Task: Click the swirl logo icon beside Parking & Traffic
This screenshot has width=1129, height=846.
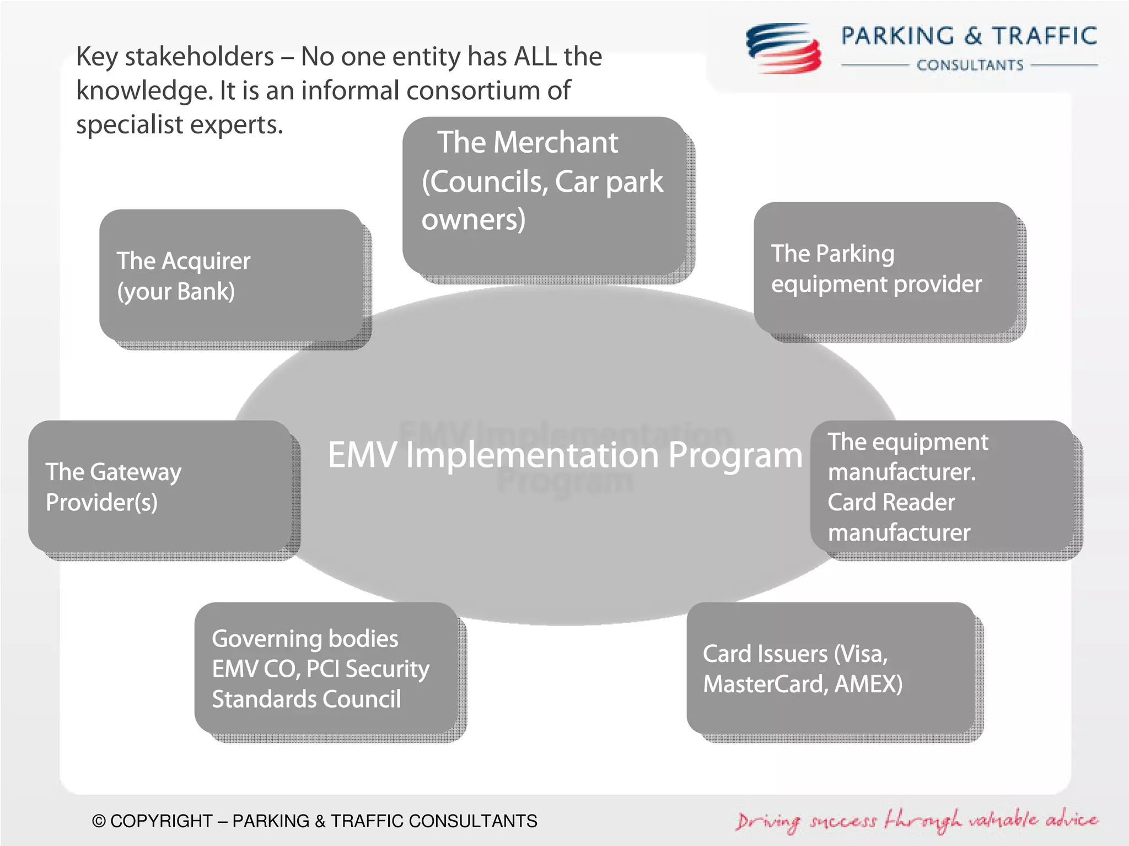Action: pyautogui.click(x=783, y=49)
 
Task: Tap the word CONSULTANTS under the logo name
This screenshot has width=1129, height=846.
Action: pyautogui.click(x=970, y=65)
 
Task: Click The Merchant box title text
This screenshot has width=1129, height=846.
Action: pyautogui.click(x=528, y=143)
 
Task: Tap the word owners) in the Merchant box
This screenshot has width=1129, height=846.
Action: pyautogui.click(x=474, y=219)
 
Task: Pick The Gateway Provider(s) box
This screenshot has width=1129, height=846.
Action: pyautogui.click(x=160, y=486)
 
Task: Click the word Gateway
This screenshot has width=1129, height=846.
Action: pyautogui.click(x=136, y=472)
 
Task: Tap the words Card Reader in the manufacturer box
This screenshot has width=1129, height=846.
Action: pyautogui.click(x=891, y=502)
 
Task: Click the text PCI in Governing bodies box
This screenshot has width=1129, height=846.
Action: pyautogui.click(x=322, y=669)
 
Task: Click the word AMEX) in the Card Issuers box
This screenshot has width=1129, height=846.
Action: pyautogui.click(x=868, y=684)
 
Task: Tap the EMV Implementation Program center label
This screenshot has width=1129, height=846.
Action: pyautogui.click(x=564, y=455)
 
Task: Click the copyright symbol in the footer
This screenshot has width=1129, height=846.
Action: pyautogui.click(x=99, y=821)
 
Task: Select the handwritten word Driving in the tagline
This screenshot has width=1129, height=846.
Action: pyautogui.click(x=768, y=821)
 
